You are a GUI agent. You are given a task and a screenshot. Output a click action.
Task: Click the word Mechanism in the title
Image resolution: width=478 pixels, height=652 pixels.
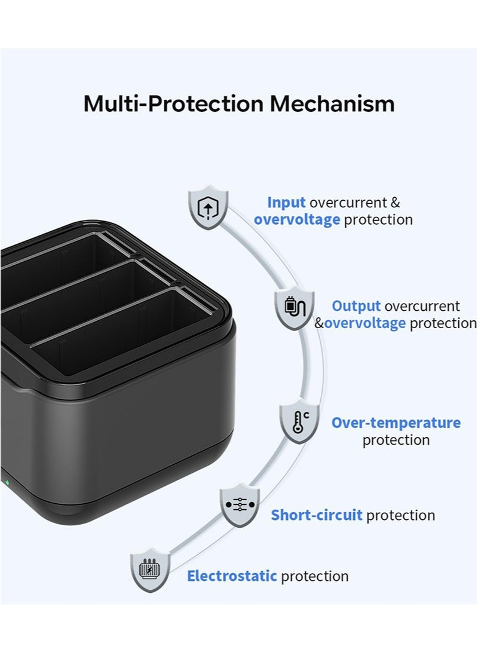coord(332,103)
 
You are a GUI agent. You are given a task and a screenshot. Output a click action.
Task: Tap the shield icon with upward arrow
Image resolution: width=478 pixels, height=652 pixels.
coord(208,207)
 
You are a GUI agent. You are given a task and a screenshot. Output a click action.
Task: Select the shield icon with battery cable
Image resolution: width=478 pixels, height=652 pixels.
coord(294,308)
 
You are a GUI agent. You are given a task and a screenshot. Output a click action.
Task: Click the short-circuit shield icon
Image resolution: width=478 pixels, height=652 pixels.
coord(240,505)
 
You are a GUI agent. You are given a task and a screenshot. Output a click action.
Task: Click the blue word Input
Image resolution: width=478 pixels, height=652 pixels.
coord(286,203)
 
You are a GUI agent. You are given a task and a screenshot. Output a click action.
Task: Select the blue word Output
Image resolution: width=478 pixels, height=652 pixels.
coord(356,306)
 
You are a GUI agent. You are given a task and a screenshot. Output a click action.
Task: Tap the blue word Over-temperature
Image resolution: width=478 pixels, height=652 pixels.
coord(396,423)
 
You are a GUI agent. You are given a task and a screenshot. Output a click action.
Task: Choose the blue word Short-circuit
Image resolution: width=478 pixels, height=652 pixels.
coord(317,515)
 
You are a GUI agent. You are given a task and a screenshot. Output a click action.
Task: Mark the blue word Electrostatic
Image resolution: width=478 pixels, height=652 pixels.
coord(232,576)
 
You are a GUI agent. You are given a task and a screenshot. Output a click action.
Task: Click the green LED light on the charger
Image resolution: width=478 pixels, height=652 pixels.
coord(7,481)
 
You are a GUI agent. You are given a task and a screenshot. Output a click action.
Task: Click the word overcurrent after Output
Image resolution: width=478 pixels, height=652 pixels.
coord(422,306)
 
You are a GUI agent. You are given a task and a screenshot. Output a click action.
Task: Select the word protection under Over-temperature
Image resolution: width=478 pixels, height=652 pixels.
coord(396,440)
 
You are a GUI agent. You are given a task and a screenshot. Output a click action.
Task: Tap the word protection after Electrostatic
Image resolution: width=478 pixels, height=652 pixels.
coord(315,576)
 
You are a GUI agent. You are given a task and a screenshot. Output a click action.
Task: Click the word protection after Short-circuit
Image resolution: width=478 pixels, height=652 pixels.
coord(401,515)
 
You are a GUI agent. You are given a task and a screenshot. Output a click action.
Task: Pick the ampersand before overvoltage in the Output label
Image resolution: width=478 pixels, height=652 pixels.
coord(319,323)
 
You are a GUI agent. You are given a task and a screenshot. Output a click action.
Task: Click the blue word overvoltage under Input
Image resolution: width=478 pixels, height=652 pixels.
coord(297,219)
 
